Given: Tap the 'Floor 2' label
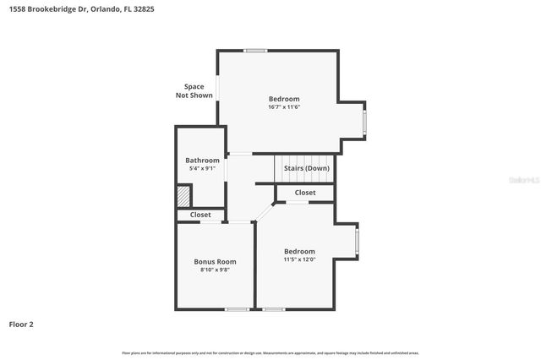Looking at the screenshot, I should (x=21, y=324).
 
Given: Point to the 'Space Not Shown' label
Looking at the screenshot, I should (x=194, y=91).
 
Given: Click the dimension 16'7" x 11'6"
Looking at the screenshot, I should (x=284, y=107).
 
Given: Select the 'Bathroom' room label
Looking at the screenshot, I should (x=203, y=161).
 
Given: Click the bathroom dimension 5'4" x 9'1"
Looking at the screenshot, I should (x=203, y=169).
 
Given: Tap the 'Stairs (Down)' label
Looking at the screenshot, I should (x=306, y=168).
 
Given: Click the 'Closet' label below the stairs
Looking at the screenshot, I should (x=305, y=193).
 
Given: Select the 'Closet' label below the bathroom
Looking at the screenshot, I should (x=200, y=215).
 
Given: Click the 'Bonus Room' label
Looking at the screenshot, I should (x=215, y=262).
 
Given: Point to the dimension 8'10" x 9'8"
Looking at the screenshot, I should (x=215, y=270).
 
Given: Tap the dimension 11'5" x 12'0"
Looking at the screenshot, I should (x=299, y=260).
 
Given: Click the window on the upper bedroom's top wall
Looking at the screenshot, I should (x=255, y=51).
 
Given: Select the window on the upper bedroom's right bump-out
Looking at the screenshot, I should (x=365, y=123).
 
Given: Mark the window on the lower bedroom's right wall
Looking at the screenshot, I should (x=357, y=242).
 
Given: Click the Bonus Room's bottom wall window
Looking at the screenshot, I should (x=238, y=309).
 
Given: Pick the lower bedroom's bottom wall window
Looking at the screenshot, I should (x=272, y=309).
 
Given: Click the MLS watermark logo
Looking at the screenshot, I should (x=523, y=180).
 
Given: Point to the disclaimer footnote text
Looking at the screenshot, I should (x=270, y=352).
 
